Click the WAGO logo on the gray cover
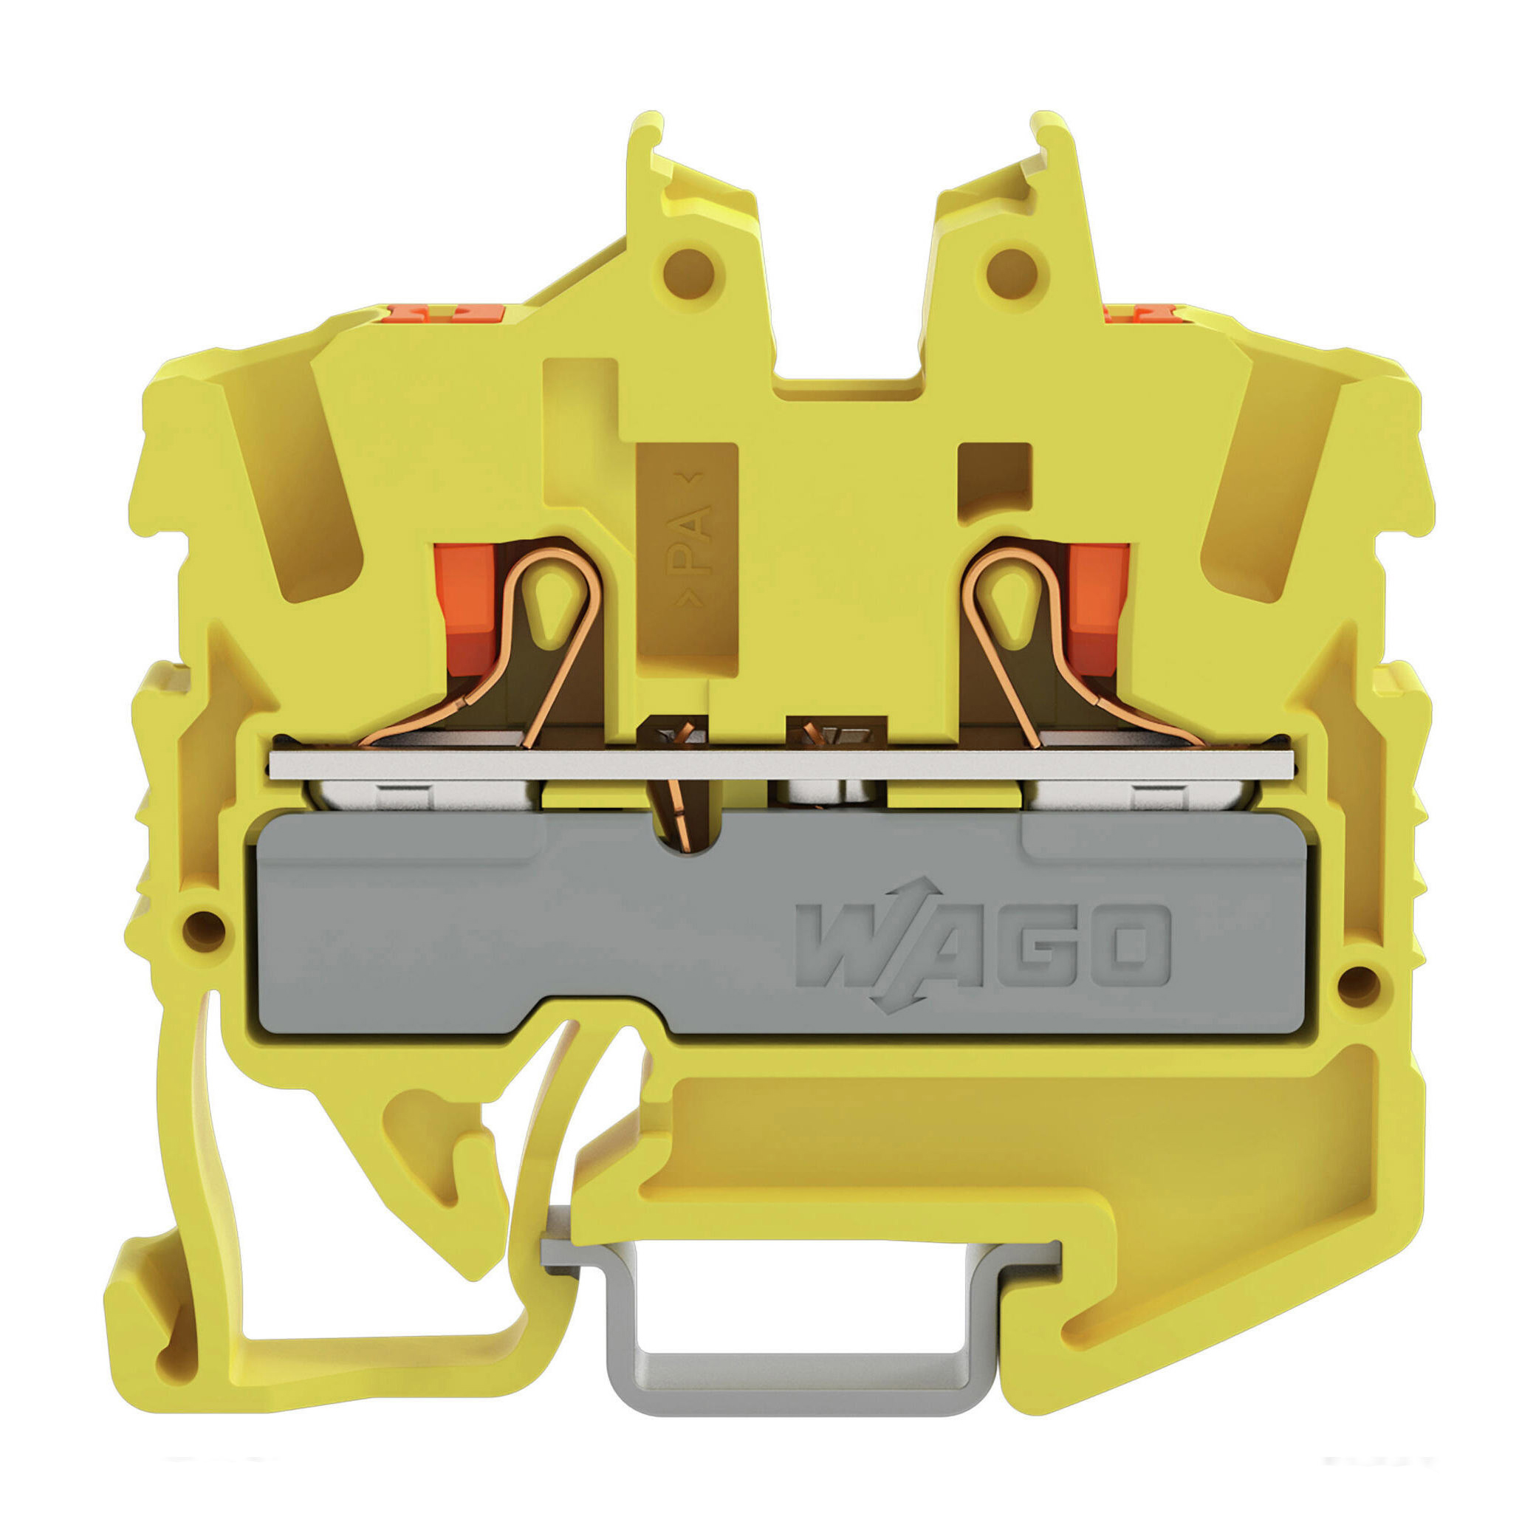click(x=984, y=945)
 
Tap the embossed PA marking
click(x=688, y=539)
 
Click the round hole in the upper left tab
click(x=689, y=274)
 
